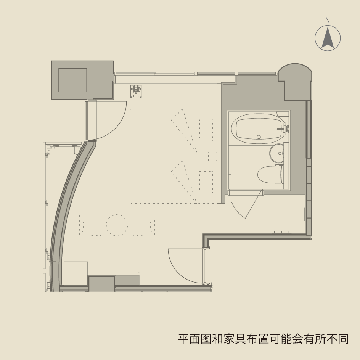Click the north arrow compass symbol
(x=328, y=38)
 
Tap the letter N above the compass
(x=328, y=20)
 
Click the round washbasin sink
(x=277, y=153)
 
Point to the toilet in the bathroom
(x=270, y=175)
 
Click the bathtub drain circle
(x=259, y=137)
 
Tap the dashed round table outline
(x=117, y=225)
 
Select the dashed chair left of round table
(x=90, y=225)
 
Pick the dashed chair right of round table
(x=144, y=225)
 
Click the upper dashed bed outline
(x=174, y=130)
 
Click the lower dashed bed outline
(x=174, y=182)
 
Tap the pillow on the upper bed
(x=206, y=130)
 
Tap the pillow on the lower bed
(x=206, y=182)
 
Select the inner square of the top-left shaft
(x=73, y=80)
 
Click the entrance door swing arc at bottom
(x=183, y=265)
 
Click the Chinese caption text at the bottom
(x=263, y=339)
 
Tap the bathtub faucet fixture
(x=285, y=129)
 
